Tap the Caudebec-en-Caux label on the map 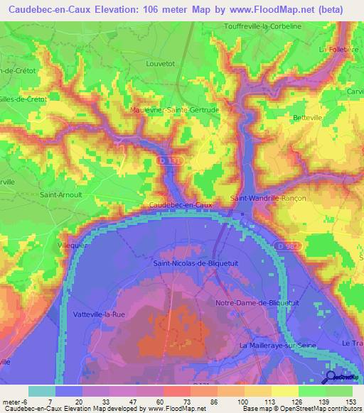point(181,204)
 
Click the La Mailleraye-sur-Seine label point(277,346)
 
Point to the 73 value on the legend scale point(176,402)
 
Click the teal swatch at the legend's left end point(41,391)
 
